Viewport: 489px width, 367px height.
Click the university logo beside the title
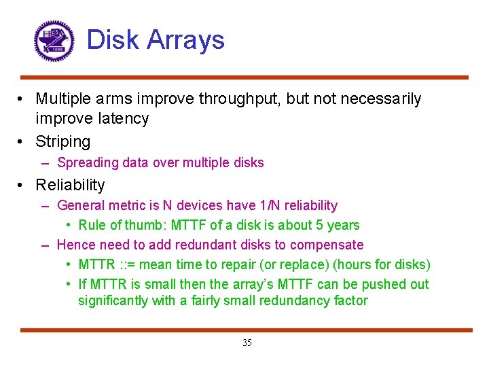pos(54,40)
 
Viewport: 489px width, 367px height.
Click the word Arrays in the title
pos(189,40)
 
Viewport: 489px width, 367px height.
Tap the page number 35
pos(247,343)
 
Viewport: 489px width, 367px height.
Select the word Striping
pos(63,141)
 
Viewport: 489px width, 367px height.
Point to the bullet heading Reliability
pos(70,185)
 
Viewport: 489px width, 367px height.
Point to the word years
pos(343,225)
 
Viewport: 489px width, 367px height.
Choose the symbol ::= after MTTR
pos(127,264)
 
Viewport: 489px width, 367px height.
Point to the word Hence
pos(75,245)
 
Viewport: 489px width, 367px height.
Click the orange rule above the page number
pos(245,330)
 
